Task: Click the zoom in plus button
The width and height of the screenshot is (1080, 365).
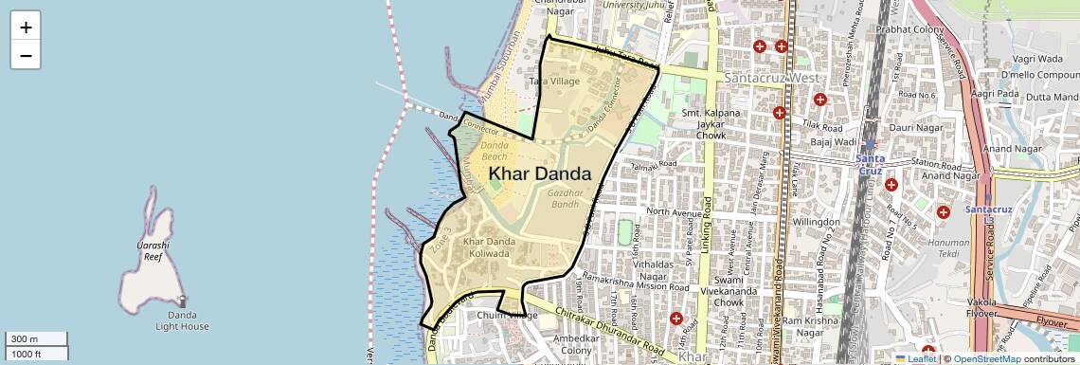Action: pyautogui.click(x=26, y=27)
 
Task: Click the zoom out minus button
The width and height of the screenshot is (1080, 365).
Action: pyautogui.click(x=26, y=55)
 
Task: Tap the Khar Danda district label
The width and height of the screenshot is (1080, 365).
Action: pyautogui.click(x=540, y=174)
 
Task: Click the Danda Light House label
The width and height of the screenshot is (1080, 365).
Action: pyautogui.click(x=182, y=320)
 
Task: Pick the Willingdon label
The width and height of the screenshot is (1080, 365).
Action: pyautogui.click(x=790, y=222)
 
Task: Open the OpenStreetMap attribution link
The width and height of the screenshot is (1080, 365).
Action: pyautogui.click(x=986, y=359)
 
